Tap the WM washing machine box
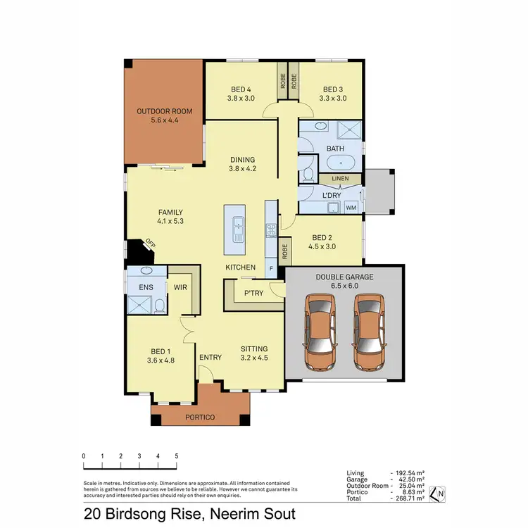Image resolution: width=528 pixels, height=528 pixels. pos(350,208)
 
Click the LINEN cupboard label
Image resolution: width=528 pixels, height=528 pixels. pos(341,180)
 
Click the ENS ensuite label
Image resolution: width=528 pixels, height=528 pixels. pos(146,287)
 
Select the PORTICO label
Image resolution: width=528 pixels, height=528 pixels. pos(201,417)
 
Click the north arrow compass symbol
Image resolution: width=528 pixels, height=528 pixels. pos(436,494)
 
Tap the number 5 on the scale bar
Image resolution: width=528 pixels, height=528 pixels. pos(176,456)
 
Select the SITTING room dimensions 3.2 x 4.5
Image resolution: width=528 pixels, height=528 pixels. pos(253,358)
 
